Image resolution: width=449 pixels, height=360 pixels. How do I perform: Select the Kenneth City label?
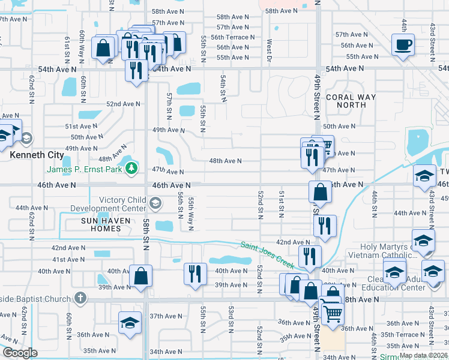coord(37,155)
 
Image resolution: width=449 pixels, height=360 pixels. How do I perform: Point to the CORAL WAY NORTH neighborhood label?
coord(351,101)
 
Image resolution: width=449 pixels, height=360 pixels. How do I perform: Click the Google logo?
coord(20,353)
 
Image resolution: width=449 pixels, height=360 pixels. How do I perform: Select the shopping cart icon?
coord(332,311)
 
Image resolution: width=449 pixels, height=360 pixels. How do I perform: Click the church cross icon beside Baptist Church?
coord(80,298)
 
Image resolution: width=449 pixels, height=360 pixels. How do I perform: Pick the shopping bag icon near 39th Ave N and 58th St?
coord(141,276)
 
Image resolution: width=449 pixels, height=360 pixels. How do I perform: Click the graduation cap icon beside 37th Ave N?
coord(130,323)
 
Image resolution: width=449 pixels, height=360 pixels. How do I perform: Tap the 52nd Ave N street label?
coord(124,104)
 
